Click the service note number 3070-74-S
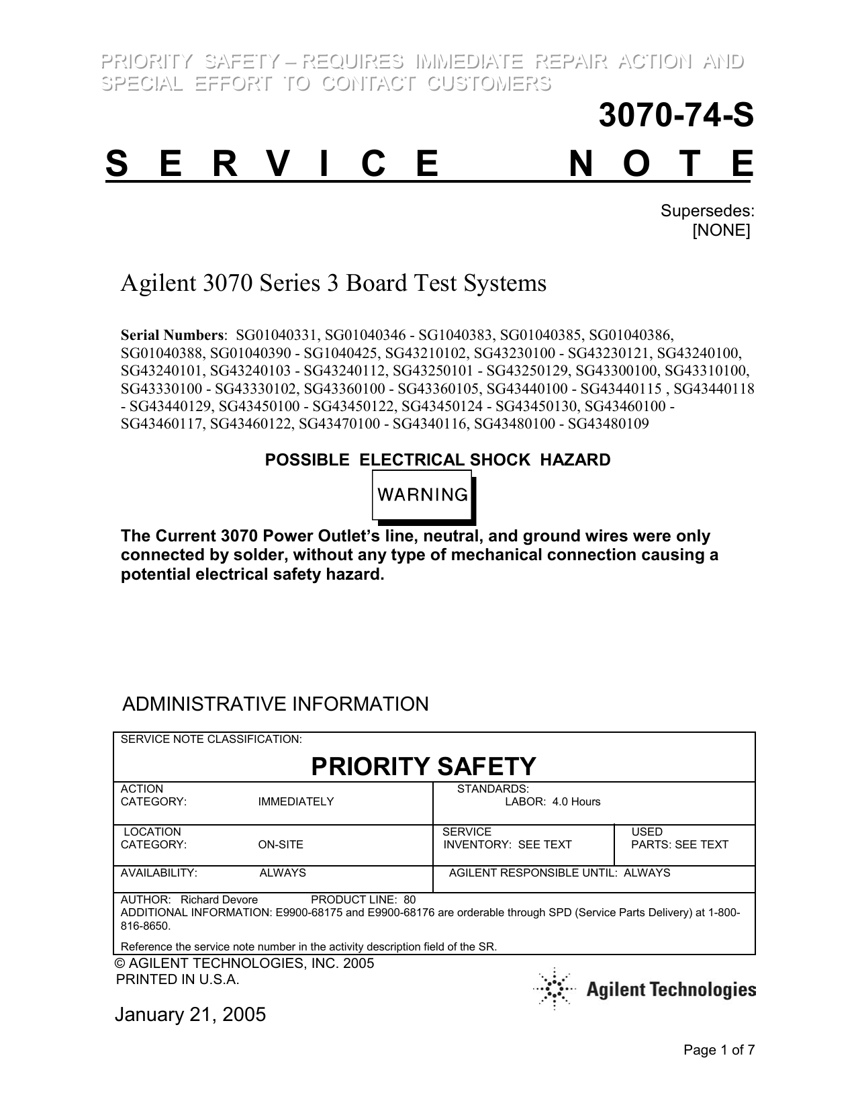(x=675, y=116)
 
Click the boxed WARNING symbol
(x=423, y=496)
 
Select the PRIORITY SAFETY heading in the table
(x=424, y=766)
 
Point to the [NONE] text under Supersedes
(x=721, y=230)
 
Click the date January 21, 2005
(x=190, y=1014)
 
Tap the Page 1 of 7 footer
(x=719, y=1050)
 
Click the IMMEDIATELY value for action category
(x=295, y=801)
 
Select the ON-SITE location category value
(x=281, y=844)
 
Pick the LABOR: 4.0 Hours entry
(x=553, y=801)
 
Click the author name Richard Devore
(x=220, y=899)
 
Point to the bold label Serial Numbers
(x=172, y=335)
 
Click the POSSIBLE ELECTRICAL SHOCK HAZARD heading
(x=438, y=460)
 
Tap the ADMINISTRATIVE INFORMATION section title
(x=275, y=704)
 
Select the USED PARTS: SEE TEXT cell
(x=679, y=838)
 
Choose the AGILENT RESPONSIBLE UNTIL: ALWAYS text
(x=559, y=873)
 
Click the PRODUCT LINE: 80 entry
(x=363, y=899)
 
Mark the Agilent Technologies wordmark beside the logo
(x=671, y=989)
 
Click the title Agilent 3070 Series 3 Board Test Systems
(x=333, y=283)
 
